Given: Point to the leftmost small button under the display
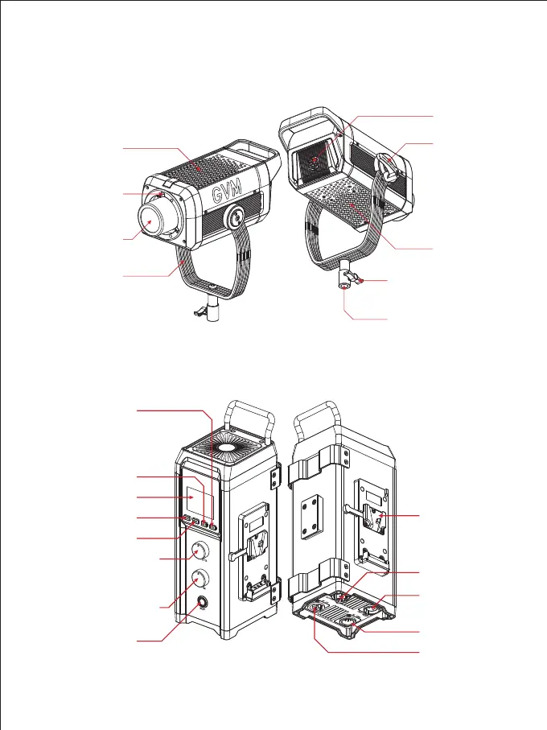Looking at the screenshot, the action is pos(187,520).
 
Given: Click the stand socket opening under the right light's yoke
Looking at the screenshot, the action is pos(345,287).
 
